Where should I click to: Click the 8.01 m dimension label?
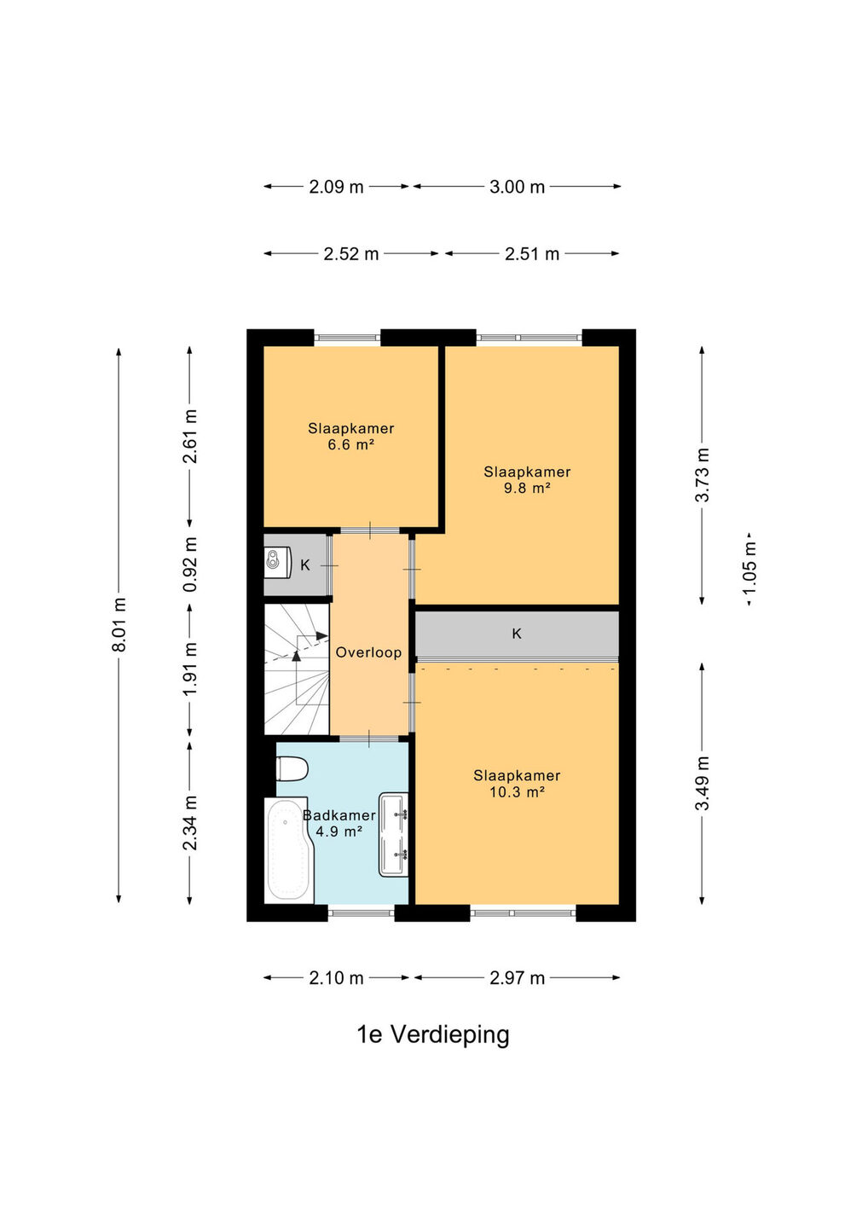click(x=119, y=624)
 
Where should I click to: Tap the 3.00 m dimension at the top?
click(x=517, y=187)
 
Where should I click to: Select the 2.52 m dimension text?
click(x=350, y=254)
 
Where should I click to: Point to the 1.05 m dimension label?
click(x=749, y=567)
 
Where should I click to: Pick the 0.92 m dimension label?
click(x=190, y=565)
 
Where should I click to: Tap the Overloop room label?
click(x=368, y=652)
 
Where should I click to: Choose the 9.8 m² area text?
click(x=527, y=488)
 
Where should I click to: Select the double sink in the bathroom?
click(x=393, y=835)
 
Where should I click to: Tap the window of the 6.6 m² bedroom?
click(x=347, y=338)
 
